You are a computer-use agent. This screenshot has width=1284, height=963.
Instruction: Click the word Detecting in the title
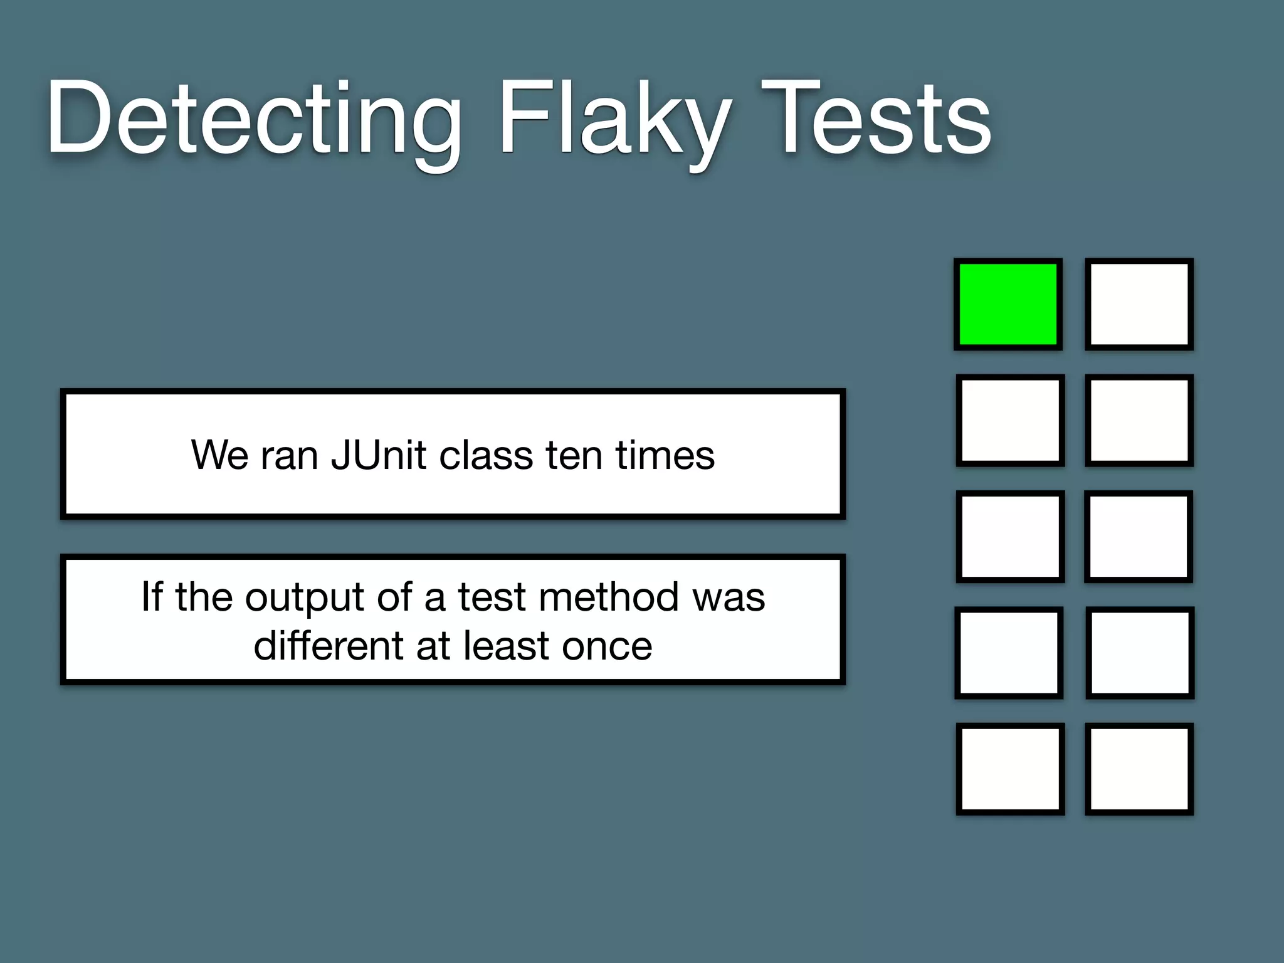click(x=254, y=119)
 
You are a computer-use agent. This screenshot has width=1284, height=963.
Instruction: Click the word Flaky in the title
click(x=614, y=119)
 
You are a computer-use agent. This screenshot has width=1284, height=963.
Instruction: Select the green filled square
click(x=1008, y=304)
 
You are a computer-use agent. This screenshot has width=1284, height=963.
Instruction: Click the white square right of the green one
click(x=1139, y=304)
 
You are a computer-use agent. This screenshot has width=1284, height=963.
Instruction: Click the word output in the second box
click(x=305, y=597)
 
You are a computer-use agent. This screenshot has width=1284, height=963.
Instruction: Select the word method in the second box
click(x=608, y=597)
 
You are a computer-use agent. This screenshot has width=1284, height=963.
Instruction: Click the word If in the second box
click(x=152, y=597)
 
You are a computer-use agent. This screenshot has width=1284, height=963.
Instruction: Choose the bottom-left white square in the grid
click(x=1010, y=769)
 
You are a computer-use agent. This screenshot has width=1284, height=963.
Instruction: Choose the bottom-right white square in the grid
click(x=1139, y=769)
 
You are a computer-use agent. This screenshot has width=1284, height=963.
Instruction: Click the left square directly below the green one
click(x=1010, y=420)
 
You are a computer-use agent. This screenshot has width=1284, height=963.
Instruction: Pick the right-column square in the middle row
click(x=1139, y=537)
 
